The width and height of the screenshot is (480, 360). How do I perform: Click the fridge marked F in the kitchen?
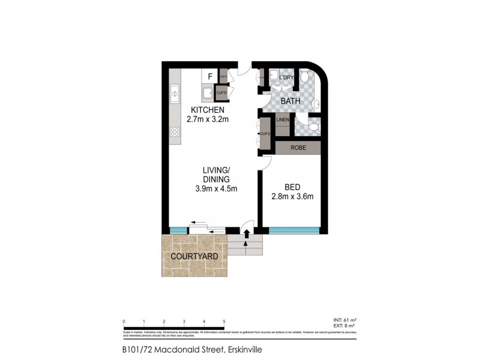(209, 76)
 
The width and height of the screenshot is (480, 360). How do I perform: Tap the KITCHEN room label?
(208, 110)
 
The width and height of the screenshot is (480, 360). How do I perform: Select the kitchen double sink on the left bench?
(175, 93)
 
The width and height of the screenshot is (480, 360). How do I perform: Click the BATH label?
(291, 101)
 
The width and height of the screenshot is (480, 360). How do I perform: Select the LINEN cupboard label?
(283, 120)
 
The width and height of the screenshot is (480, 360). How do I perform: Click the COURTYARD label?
(194, 257)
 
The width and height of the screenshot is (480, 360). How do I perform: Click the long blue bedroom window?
(293, 230)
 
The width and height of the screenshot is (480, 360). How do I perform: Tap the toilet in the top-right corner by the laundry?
(305, 77)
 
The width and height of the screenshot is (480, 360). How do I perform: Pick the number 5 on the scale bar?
(224, 322)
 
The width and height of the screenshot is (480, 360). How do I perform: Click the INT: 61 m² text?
(345, 321)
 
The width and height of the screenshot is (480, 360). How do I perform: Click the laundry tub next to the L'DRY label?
(273, 76)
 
